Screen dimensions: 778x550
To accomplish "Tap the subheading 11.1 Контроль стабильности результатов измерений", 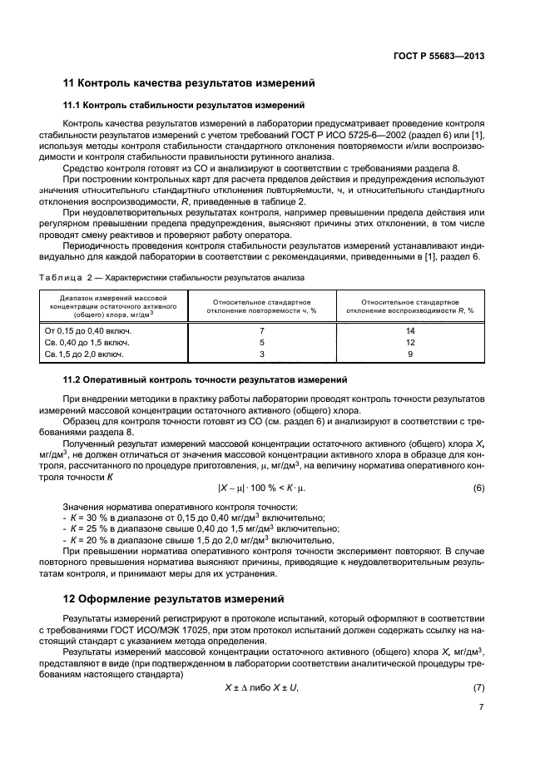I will tap(184, 106).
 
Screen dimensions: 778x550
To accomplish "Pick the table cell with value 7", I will tap(261, 330).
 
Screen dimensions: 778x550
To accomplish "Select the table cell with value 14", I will tap(410, 330).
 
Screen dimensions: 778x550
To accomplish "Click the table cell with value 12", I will tap(410, 342).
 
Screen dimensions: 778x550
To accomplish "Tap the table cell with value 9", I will tap(410, 354).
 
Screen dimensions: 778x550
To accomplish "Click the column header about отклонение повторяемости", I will tap(261, 305).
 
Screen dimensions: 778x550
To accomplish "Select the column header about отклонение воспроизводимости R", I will tap(410, 305).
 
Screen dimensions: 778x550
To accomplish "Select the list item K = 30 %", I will tap(194, 518).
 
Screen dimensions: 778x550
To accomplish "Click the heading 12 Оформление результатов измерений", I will tap(174, 598).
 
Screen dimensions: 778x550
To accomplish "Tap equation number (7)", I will tap(478, 686).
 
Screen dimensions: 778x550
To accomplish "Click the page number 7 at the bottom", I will tap(482, 708).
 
